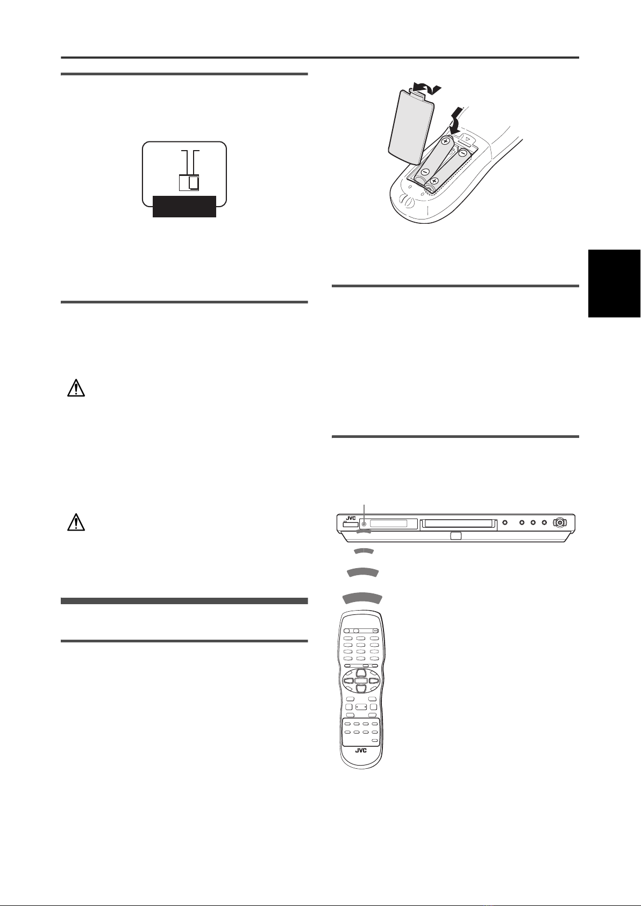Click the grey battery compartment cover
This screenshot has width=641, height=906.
tap(410, 129)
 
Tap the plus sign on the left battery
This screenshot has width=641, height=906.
tap(446, 141)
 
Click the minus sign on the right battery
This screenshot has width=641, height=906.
tap(463, 153)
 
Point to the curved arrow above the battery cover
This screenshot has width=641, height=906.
tap(427, 86)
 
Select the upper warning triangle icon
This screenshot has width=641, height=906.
tap(76, 388)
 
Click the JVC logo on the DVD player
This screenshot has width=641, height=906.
tap(350, 518)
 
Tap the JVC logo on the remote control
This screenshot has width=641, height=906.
tap(361, 751)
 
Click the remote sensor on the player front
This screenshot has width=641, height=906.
tap(365, 523)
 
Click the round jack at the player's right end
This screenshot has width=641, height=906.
tap(560, 523)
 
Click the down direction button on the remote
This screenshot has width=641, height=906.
tap(361, 688)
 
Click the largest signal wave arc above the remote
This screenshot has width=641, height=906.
tap(362, 597)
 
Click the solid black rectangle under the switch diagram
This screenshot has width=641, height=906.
tap(184, 206)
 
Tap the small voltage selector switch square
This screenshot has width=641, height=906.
tap(189, 182)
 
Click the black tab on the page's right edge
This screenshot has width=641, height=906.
tap(614, 284)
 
